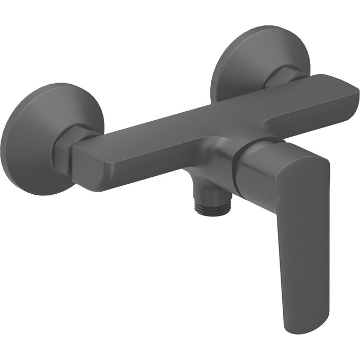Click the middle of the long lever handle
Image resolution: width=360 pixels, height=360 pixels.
(302, 238)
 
